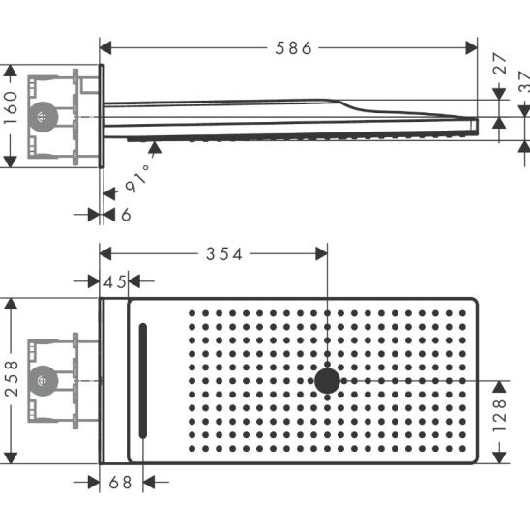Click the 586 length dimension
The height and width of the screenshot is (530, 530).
pyautogui.click(x=293, y=48)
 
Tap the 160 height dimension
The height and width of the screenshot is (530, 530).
pyautogui.click(x=11, y=107)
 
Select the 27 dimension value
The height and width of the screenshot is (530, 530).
pyautogui.click(x=500, y=64)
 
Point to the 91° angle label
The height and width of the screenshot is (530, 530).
pyautogui.click(x=137, y=179)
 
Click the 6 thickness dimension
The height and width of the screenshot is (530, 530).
pyautogui.click(x=126, y=215)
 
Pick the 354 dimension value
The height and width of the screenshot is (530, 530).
pyautogui.click(x=224, y=254)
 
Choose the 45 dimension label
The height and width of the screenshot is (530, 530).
pyautogui.click(x=114, y=281)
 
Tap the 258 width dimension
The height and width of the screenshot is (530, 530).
pyautogui.click(x=12, y=378)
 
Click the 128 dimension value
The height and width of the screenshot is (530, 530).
pyautogui.click(x=500, y=416)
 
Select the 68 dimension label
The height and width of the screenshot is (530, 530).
pyautogui.click(x=120, y=483)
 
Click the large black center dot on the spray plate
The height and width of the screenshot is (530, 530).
pyautogui.click(x=327, y=381)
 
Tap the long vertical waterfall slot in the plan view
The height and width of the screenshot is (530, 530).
pyautogui.click(x=143, y=381)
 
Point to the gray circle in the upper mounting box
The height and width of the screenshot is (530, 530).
pyautogui.click(x=44, y=117)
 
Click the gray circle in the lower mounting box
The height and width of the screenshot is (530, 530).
pyautogui.click(x=44, y=381)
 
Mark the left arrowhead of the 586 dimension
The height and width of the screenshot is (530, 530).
pyautogui.click(x=105, y=48)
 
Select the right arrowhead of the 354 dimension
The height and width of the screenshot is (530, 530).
pyautogui.click(x=321, y=253)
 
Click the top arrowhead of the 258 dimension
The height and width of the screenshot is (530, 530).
pyautogui.click(x=11, y=304)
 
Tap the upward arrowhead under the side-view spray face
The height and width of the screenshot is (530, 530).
pyautogui.click(x=155, y=147)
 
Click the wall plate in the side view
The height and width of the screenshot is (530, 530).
pyautogui.click(x=102, y=116)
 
